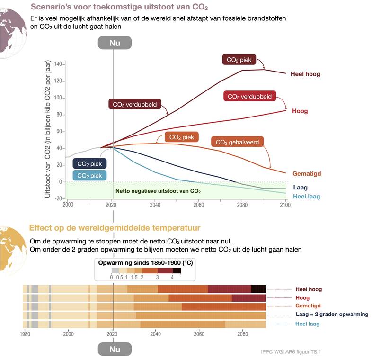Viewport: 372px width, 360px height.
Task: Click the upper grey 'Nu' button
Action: (115, 42)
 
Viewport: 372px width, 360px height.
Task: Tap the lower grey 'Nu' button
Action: (115, 350)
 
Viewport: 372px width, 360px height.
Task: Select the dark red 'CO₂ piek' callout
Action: (239, 60)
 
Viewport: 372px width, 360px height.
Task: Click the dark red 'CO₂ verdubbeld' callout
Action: (135, 104)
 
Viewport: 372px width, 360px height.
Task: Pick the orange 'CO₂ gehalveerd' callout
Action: (237, 142)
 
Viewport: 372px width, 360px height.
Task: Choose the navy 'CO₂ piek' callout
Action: (89, 163)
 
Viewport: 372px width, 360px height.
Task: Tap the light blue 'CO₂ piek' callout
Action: (89, 175)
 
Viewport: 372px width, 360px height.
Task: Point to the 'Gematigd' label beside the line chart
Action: (307, 174)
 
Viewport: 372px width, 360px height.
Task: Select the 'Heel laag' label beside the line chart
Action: (306, 196)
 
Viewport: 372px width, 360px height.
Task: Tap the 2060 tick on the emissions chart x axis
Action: (198, 205)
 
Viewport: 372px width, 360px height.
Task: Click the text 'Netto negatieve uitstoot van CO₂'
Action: (158, 191)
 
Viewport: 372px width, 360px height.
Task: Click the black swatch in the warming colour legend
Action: (177, 270)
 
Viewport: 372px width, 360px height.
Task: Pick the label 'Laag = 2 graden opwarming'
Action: (331, 315)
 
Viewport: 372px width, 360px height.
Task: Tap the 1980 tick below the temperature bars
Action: (25, 333)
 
